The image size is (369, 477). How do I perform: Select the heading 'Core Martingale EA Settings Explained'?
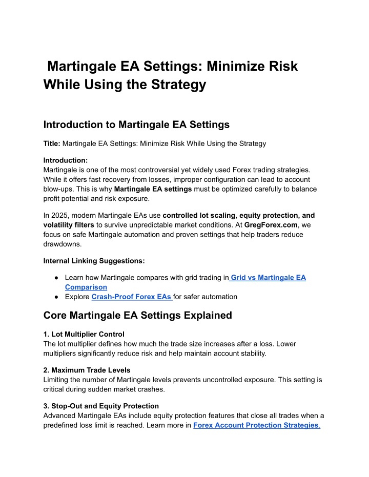pyautogui.click(x=138, y=315)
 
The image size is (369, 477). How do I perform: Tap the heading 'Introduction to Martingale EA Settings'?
pyautogui.click(x=136, y=124)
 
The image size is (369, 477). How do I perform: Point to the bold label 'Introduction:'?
pyautogui.click(x=66, y=160)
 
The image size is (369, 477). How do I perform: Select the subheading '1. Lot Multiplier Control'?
pyautogui.click(x=84, y=334)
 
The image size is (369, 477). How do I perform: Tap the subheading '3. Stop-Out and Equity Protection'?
pyautogui.click(x=101, y=406)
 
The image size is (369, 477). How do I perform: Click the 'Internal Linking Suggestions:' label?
pyautogui.click(x=94, y=261)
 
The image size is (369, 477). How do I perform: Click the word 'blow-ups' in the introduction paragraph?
pyautogui.click(x=59, y=189)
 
